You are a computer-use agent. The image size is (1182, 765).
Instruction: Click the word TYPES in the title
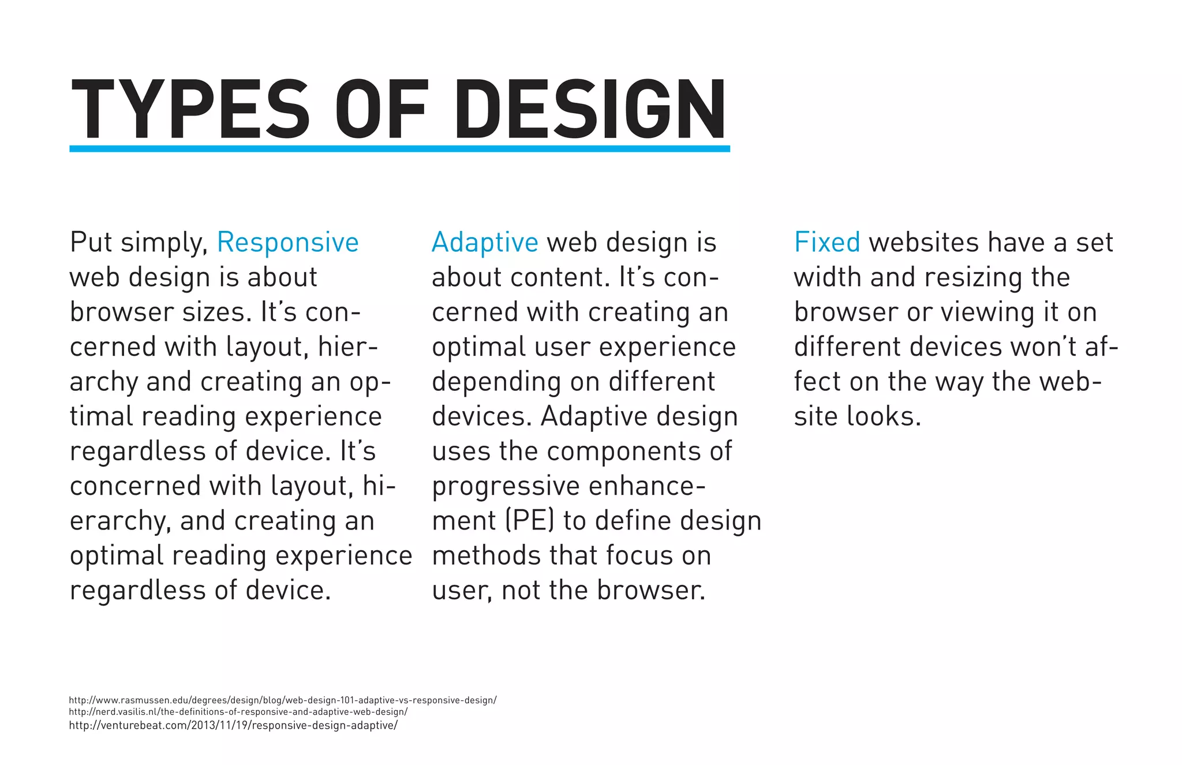pos(190,110)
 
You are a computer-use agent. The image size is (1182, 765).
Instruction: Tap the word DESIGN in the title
pos(590,110)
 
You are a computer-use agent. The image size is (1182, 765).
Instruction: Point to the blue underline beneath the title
pos(399,149)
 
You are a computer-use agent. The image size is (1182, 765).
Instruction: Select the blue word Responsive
pos(287,242)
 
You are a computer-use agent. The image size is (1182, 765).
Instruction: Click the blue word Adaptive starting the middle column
pos(485,242)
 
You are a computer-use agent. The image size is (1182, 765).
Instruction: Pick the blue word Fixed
pos(827,242)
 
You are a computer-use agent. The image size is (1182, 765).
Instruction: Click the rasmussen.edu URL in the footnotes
pos(282,700)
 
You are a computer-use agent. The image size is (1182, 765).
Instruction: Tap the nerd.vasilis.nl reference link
pos(238,712)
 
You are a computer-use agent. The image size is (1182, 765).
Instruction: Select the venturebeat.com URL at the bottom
pos(233,725)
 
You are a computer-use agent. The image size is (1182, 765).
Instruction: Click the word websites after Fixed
pos(924,242)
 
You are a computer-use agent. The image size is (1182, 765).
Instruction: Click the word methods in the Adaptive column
pos(486,555)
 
